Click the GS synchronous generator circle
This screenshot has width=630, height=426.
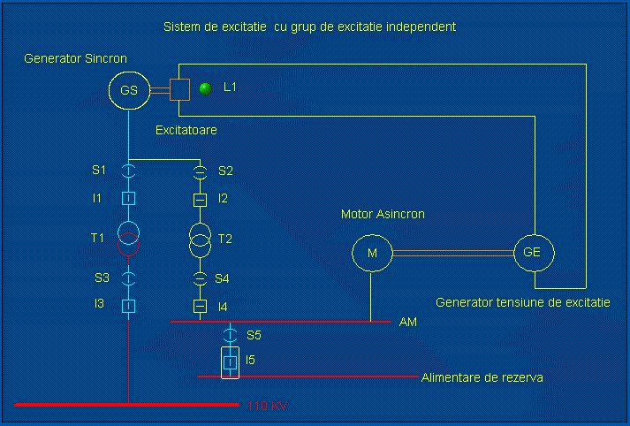click(x=129, y=89)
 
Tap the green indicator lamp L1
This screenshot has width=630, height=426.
click(x=206, y=87)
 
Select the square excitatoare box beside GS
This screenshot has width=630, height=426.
click(x=179, y=89)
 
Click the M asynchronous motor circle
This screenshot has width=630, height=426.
click(x=372, y=254)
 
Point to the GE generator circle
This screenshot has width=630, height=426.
click(x=533, y=253)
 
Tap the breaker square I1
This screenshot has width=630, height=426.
click(x=129, y=199)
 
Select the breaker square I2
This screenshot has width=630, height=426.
click(x=200, y=199)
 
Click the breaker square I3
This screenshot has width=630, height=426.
click(x=129, y=306)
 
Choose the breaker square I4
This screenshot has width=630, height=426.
click(x=200, y=306)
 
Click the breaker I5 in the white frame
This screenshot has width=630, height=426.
click(x=230, y=361)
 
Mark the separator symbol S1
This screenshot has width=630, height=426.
click(x=129, y=170)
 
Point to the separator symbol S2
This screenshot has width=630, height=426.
click(x=200, y=170)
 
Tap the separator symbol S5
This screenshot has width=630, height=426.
click(x=230, y=335)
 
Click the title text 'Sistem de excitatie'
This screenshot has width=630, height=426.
click(x=309, y=27)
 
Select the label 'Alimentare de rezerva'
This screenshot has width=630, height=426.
click(x=482, y=377)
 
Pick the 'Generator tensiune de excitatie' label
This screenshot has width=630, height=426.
click(x=522, y=302)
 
